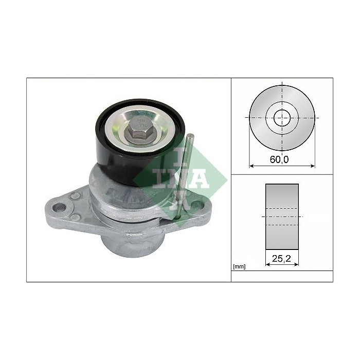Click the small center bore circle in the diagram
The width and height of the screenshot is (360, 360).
[x=281, y=117]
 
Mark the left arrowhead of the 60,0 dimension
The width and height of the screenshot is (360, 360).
[x=252, y=166]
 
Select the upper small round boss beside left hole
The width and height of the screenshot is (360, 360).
[x=76, y=195]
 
